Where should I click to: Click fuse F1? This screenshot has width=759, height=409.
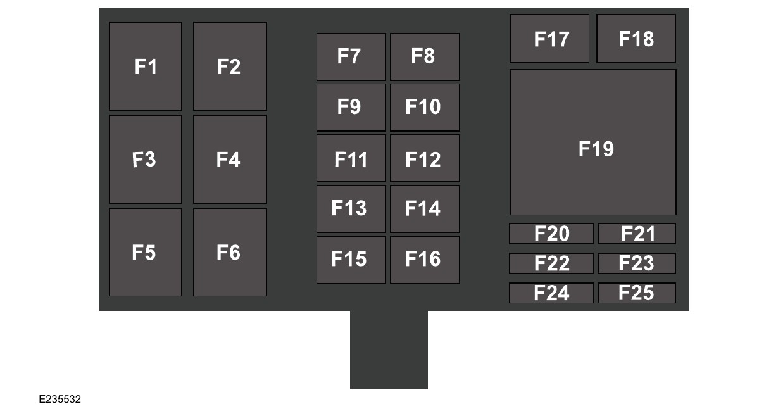click(x=145, y=66)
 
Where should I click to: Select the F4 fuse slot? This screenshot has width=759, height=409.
click(x=230, y=159)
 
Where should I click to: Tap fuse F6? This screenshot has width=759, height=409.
click(x=230, y=252)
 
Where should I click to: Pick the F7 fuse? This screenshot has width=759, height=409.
click(x=351, y=56)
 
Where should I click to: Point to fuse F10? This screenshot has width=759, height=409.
click(x=425, y=107)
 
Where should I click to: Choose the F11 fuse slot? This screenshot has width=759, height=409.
click(x=351, y=158)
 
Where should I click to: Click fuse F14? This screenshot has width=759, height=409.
click(x=425, y=209)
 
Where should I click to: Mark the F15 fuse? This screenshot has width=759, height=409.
click(x=351, y=260)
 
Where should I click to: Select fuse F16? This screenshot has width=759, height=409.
click(x=425, y=260)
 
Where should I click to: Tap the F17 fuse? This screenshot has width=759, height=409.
click(x=549, y=39)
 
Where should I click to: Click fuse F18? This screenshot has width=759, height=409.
click(x=636, y=39)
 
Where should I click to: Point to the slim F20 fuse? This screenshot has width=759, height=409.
click(x=551, y=234)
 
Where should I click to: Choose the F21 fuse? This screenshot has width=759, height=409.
click(x=637, y=234)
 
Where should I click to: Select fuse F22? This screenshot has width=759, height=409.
click(x=551, y=263)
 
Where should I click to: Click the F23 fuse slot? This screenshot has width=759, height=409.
click(x=637, y=263)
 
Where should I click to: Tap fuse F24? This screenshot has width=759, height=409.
click(x=551, y=293)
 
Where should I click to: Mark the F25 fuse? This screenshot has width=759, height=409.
click(x=637, y=293)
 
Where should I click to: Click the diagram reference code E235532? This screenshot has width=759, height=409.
click(x=60, y=400)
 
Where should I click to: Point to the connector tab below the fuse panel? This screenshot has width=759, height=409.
click(x=389, y=349)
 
